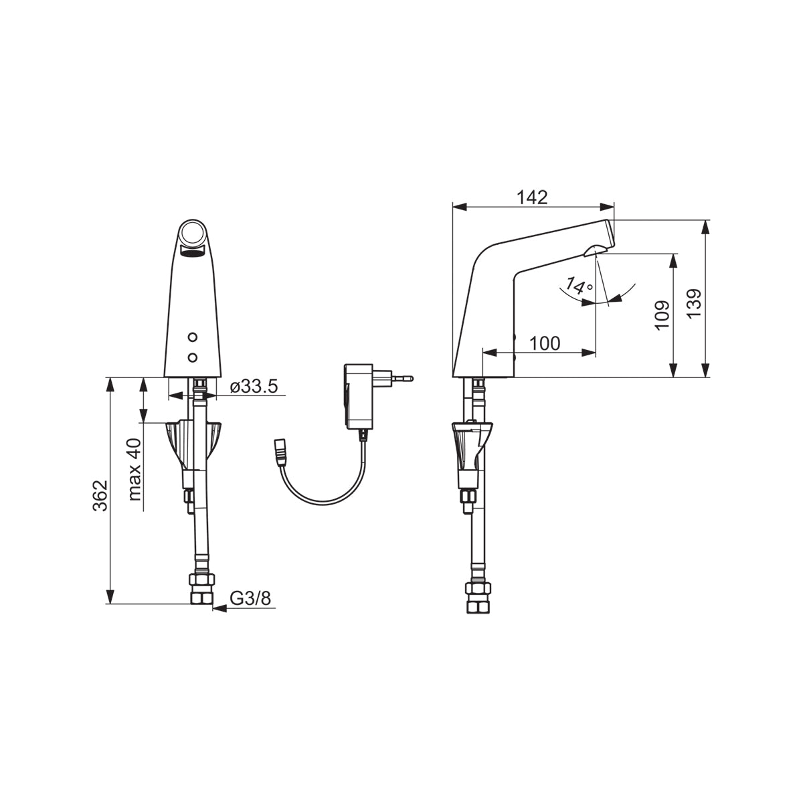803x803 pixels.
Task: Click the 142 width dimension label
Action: tap(533, 197)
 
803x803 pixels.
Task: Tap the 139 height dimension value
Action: tap(694, 304)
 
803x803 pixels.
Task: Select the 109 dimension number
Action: tap(662, 315)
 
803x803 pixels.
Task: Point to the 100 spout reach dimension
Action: tap(545, 343)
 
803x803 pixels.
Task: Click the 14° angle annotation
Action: tap(579, 286)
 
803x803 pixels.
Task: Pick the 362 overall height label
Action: tap(100, 495)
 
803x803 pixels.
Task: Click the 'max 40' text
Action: tap(135, 470)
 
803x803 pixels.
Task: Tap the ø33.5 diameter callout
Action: tap(254, 387)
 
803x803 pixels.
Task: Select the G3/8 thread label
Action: tap(250, 599)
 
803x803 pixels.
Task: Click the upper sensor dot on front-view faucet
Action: tap(193, 337)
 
